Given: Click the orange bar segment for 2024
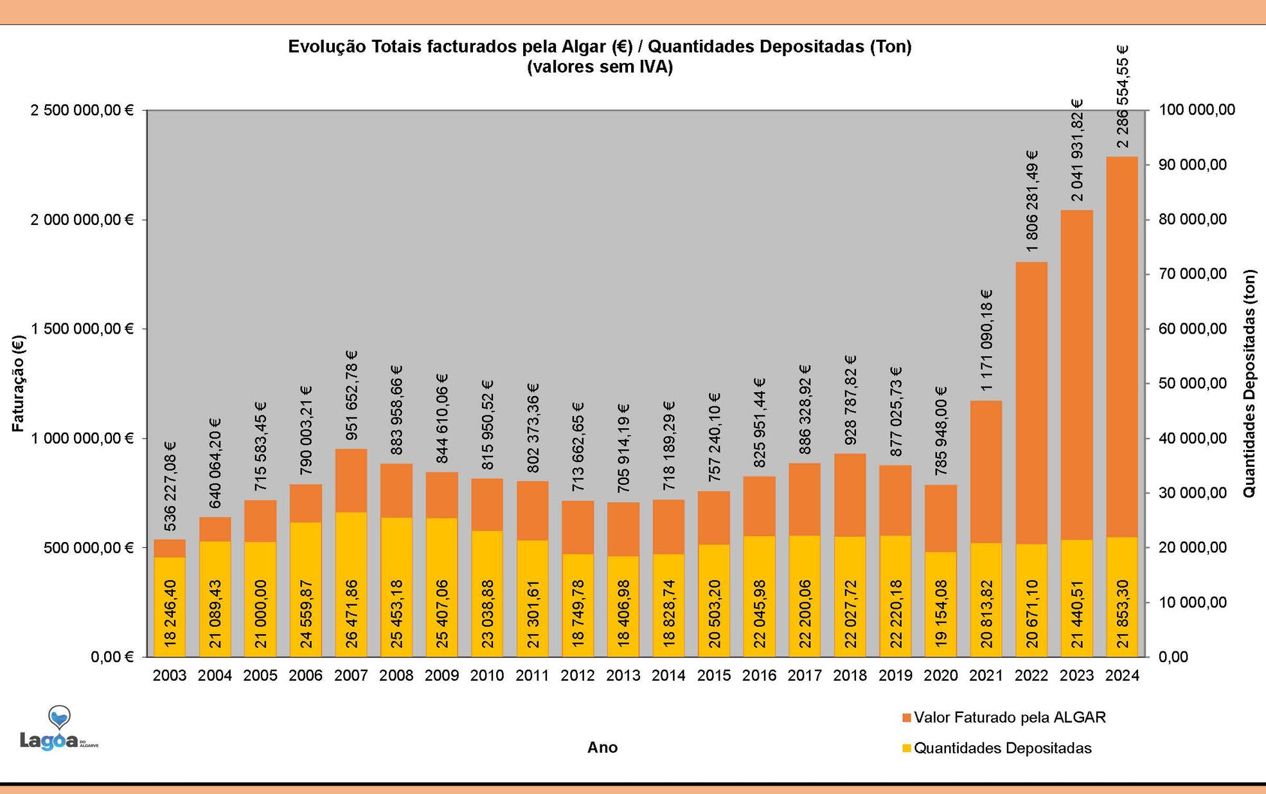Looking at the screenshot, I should pos(1121,347).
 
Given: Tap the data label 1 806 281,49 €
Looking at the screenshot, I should pos(1032,201).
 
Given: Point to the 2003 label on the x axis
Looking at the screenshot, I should pos(170,675).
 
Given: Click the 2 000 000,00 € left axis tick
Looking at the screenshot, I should pos(82,220).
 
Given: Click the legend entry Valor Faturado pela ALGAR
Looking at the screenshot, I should pos(1009,717).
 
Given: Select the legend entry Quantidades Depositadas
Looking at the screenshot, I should pos(1002,748).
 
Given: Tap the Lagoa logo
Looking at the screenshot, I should pos(58,730).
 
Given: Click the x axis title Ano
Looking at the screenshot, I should pos(602,747).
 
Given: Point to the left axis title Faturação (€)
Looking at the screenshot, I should pos(18,383).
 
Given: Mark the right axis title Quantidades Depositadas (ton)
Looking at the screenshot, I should pos(1248,383).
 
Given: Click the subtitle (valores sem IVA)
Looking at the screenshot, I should pos(600,67).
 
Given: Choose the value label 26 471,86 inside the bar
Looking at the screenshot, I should pos(352,613).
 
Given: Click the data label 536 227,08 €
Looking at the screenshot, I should pos(170,486).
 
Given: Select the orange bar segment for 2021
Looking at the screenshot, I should pos(986,472).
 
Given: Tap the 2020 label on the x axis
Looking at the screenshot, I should pos(941,675).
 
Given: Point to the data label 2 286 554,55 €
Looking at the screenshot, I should pos(1123,96).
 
